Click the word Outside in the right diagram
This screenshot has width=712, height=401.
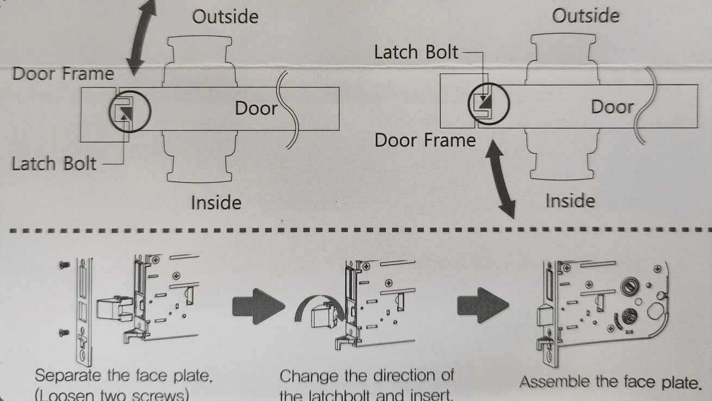pyautogui.click(x=585, y=15)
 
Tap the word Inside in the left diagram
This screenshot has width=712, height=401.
pyautogui.click(x=216, y=203)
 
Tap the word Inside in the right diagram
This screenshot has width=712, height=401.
pyautogui.click(x=570, y=201)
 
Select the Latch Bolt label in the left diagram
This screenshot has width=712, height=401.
pyautogui.click(x=54, y=163)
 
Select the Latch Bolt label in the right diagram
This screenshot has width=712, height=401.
pyautogui.click(x=416, y=52)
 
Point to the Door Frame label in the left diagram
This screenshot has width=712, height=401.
pyautogui.click(x=63, y=74)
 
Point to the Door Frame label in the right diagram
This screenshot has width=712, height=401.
pyautogui.click(x=425, y=141)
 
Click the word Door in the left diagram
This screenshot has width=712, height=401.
pyautogui.click(x=256, y=108)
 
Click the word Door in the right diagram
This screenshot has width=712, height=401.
pyautogui.click(x=613, y=106)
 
